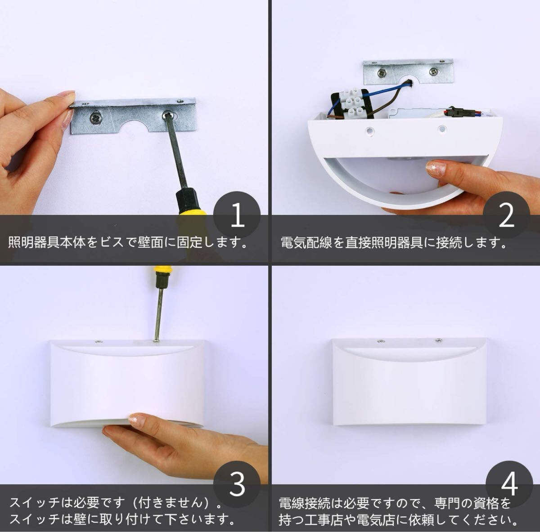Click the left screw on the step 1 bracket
tap(96, 119)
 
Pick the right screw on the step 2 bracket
tap(433, 72)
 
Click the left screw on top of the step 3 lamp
tap(99, 342)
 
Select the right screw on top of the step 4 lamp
tap(438, 340)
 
